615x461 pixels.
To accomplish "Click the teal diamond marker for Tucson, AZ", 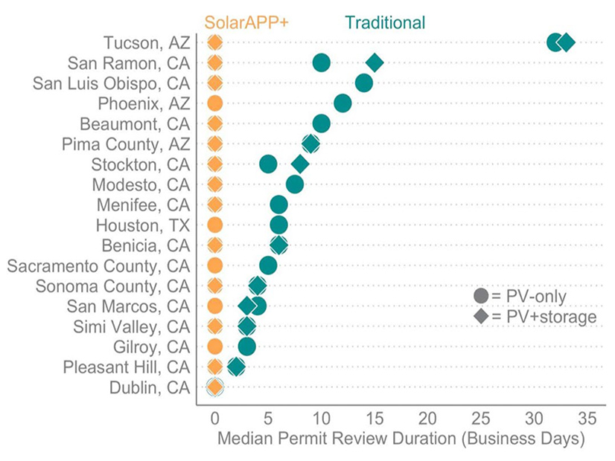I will point(567,43).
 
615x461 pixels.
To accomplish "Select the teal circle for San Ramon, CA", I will point(322,63).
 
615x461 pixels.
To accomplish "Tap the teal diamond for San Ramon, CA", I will point(375,63).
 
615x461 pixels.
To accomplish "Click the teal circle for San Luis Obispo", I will point(364,83).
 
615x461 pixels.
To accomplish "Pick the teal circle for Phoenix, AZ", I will point(342,103).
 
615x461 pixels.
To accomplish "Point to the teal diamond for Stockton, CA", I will point(300,164).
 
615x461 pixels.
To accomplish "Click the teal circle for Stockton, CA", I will point(268,164).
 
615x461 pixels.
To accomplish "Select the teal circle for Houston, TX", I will point(278,225).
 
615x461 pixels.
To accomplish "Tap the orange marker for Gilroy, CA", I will point(214,346).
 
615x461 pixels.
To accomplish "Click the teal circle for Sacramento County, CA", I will point(268,265).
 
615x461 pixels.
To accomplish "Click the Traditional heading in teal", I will point(384,22).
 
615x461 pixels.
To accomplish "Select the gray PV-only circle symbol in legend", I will point(481,297).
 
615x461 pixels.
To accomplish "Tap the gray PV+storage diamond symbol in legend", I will point(481,317).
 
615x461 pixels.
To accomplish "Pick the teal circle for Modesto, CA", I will point(295,184).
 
